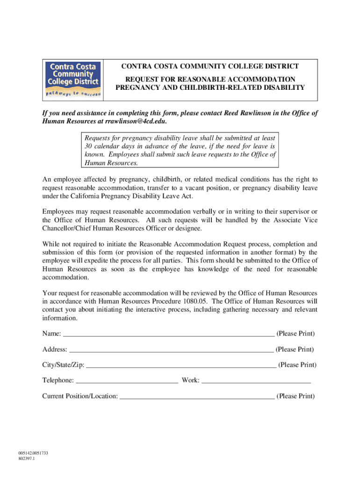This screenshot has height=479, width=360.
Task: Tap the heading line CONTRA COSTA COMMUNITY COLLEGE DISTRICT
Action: point(210,67)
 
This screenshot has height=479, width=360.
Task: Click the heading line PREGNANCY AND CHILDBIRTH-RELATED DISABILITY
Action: point(210,87)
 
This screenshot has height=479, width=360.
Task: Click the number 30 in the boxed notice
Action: point(87,146)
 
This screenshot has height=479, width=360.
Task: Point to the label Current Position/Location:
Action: point(80,396)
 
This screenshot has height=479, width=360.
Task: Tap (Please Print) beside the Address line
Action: point(295,349)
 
